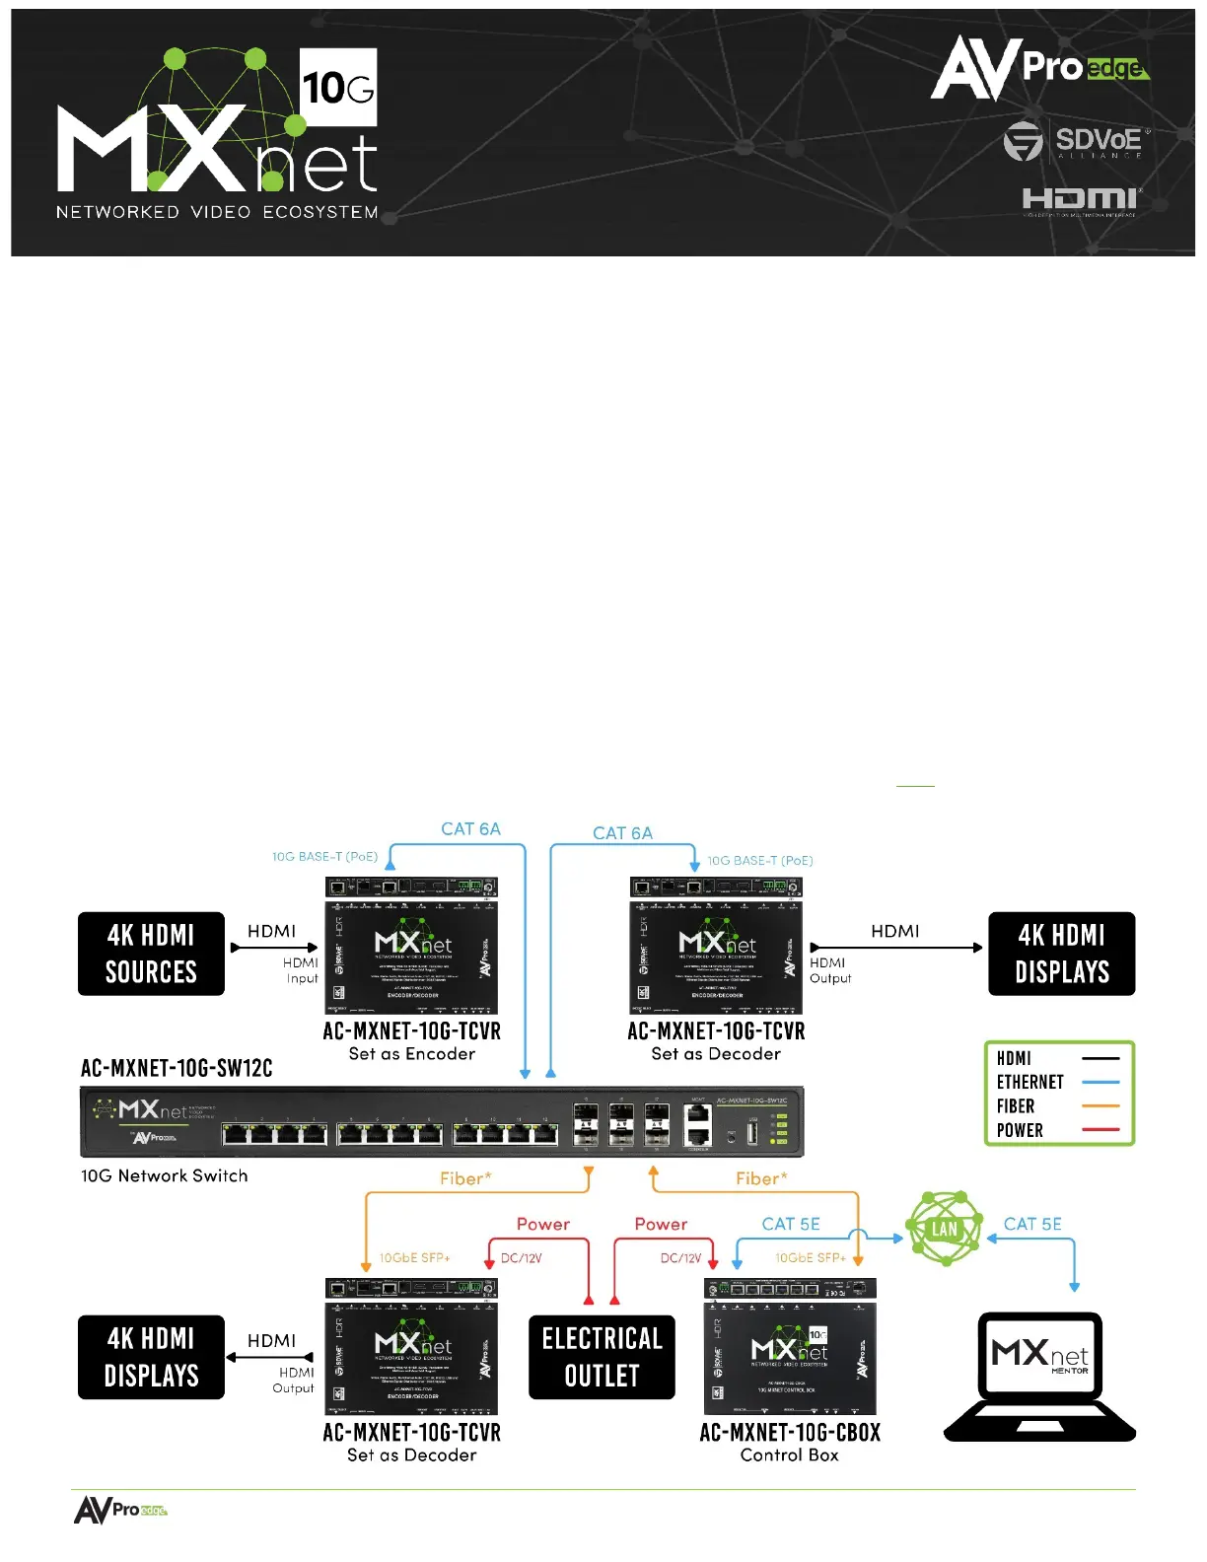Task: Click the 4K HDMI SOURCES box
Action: [x=151, y=954]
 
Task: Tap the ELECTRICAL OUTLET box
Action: [x=602, y=1357]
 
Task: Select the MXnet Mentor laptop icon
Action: [x=1039, y=1377]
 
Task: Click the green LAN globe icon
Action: [x=945, y=1229]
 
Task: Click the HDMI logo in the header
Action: [x=1081, y=201]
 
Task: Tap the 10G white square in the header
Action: [x=337, y=88]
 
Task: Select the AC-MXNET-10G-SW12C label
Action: [x=177, y=1069]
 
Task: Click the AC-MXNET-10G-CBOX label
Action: [x=790, y=1433]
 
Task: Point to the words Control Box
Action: [x=790, y=1455]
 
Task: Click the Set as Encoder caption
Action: [x=412, y=1054]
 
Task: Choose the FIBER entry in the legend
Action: [x=1016, y=1106]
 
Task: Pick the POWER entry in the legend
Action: [x=1020, y=1131]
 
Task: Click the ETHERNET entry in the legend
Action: [x=1029, y=1083]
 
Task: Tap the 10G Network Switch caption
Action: [x=165, y=1176]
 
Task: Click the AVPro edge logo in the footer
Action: [x=120, y=1510]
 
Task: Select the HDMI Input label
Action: [x=301, y=970]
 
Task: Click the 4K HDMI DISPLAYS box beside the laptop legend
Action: [x=1062, y=954]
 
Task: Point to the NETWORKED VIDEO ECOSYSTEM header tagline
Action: [x=217, y=212]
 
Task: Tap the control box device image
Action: [x=790, y=1347]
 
